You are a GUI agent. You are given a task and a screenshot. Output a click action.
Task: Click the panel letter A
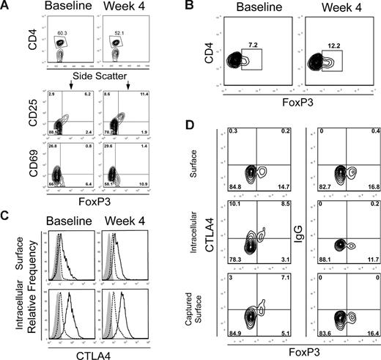(7, 7)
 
